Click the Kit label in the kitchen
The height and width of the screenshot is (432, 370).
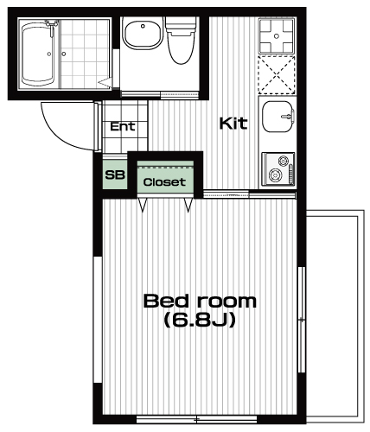point(233,124)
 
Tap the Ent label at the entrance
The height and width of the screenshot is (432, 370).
point(123,126)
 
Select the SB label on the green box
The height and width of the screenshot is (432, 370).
point(115,175)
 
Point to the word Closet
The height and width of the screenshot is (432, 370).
point(164,182)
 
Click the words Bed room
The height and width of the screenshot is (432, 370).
point(200,301)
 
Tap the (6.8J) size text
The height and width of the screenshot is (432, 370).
point(200,320)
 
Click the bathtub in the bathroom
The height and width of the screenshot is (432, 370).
point(38,54)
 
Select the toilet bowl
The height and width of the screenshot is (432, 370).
point(181,40)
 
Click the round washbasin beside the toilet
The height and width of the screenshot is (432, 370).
point(143,34)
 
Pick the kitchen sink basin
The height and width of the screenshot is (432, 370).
point(278,117)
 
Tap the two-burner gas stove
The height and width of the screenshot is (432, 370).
point(278,169)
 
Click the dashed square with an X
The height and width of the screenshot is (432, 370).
point(277,75)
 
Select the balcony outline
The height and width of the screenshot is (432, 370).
point(361,317)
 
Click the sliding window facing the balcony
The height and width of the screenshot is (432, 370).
point(302,320)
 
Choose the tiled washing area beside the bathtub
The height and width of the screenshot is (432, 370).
point(86,54)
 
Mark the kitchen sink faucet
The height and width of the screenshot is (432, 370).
point(288,116)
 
